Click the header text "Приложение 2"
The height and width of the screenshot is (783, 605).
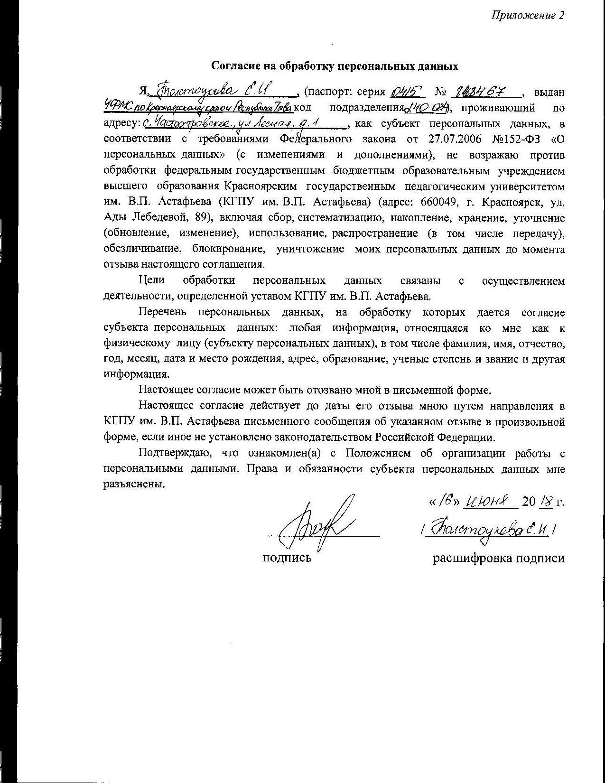528,16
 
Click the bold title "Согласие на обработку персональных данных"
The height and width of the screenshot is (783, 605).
335,66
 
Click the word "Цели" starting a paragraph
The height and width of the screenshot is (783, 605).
151,281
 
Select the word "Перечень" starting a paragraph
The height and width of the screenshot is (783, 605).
163,312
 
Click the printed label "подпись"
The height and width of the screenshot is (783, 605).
287,558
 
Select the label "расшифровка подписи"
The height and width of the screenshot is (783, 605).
498,558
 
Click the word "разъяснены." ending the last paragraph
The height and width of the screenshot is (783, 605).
135,485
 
